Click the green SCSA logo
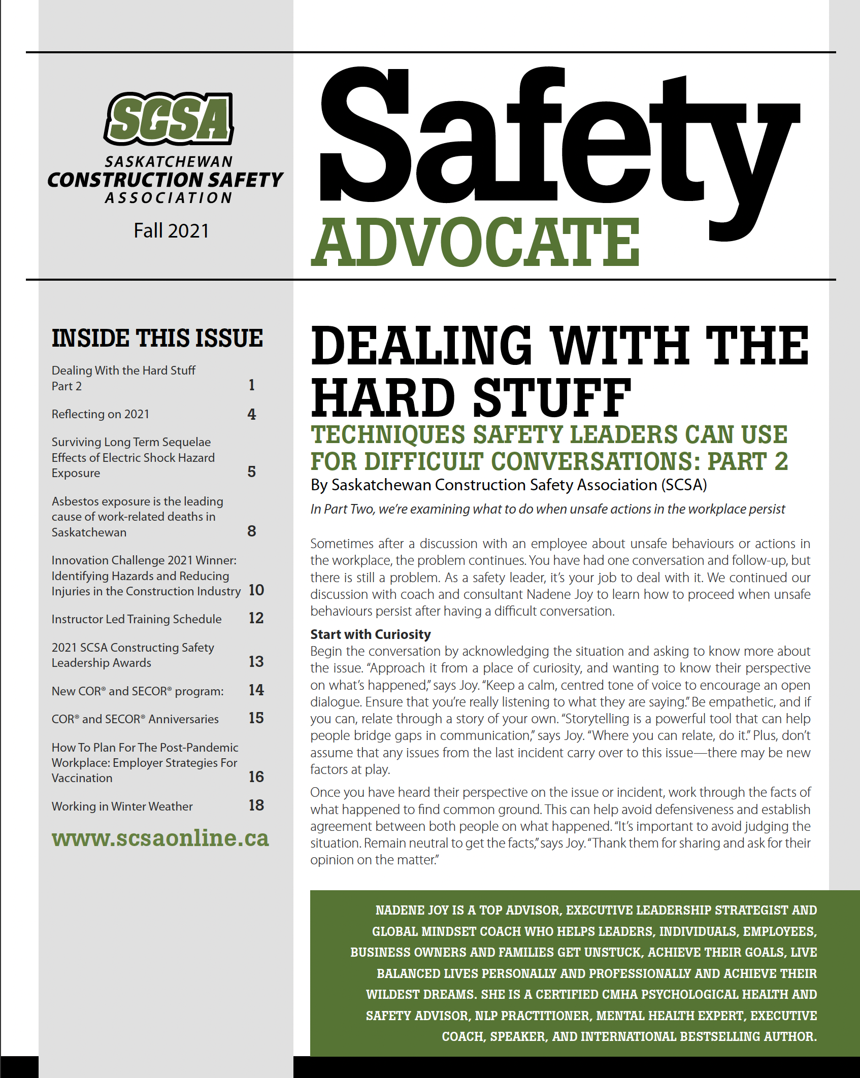[x=169, y=119]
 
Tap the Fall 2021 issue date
[x=171, y=231]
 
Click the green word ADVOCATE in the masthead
[x=475, y=242]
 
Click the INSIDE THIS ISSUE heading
[x=157, y=339]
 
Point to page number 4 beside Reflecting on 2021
[x=252, y=415]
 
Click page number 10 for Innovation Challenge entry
[x=256, y=590]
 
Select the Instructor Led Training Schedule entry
[x=137, y=619]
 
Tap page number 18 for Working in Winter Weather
[x=256, y=805]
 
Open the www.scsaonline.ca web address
[x=160, y=838]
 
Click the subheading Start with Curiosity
[x=371, y=634]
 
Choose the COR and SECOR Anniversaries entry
[x=135, y=719]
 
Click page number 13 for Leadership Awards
[x=256, y=662]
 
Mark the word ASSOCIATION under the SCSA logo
[x=169, y=198]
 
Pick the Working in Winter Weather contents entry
[x=122, y=806]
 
